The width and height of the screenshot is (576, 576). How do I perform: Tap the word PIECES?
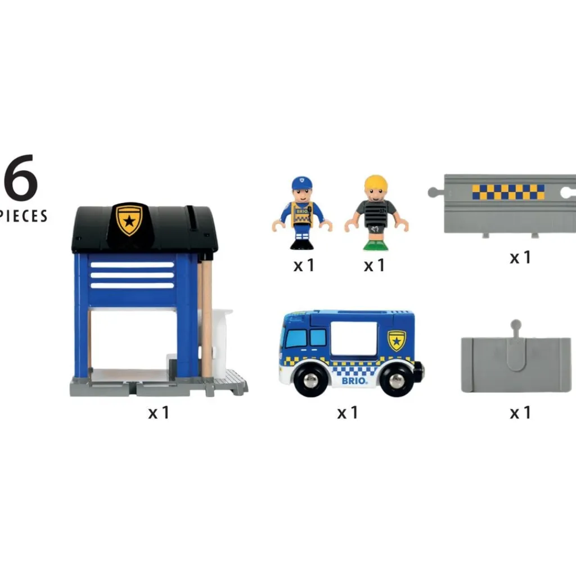[23, 216]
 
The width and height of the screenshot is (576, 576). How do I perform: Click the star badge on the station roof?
[129, 220]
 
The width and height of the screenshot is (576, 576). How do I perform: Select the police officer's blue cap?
[302, 183]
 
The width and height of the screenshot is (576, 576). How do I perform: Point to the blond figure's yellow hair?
[376, 183]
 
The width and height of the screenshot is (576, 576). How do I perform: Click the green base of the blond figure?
[375, 245]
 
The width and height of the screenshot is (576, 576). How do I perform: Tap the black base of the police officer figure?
[301, 244]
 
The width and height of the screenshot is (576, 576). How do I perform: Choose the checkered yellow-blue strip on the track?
[508, 192]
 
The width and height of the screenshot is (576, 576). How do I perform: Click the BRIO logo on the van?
[354, 381]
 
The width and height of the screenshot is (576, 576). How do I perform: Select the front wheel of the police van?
[310, 380]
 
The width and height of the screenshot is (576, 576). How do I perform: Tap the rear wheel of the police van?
[397, 380]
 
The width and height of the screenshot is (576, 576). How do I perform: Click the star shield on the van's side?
[397, 340]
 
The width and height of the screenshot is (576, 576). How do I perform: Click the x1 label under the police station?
[159, 412]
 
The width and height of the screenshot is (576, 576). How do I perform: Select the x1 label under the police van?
[348, 412]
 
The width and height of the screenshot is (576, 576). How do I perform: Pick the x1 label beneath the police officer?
[304, 265]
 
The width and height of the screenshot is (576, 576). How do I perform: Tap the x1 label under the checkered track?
[520, 257]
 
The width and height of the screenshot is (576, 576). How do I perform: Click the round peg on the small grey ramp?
[516, 325]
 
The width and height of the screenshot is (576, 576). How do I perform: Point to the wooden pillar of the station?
[207, 318]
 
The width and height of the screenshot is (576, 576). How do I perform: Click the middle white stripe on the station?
[132, 275]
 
